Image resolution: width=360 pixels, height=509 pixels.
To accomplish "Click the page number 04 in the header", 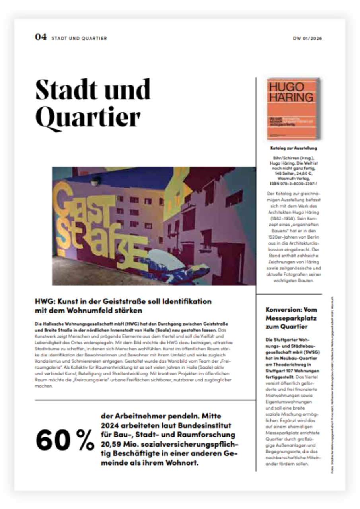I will [41, 37].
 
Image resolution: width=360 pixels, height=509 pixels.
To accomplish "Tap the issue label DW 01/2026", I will [307, 39].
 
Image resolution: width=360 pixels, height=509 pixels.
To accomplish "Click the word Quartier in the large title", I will [88, 117].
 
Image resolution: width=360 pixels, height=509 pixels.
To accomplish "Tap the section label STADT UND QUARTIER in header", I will [79, 39].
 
